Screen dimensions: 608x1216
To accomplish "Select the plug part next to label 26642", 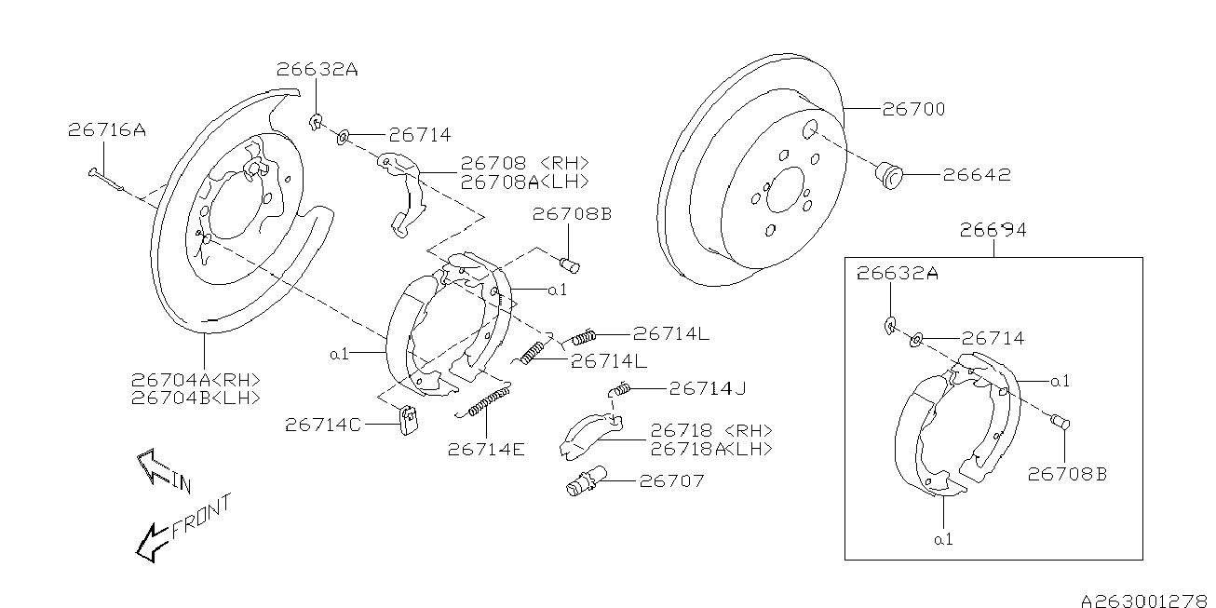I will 892,174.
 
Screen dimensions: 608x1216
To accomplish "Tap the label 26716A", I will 106,130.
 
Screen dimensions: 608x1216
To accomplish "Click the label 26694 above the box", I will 994,230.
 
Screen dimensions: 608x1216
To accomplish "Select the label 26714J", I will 708,387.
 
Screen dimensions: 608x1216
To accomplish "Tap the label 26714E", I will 485,449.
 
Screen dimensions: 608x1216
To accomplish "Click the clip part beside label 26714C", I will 407,419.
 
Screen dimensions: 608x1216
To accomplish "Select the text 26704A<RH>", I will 195,379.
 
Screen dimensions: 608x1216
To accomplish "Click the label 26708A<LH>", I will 524,182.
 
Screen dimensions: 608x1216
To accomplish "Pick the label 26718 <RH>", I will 710,430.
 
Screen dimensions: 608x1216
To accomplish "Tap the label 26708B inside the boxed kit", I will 1067,473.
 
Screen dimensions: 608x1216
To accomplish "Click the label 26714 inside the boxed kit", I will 993,339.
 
